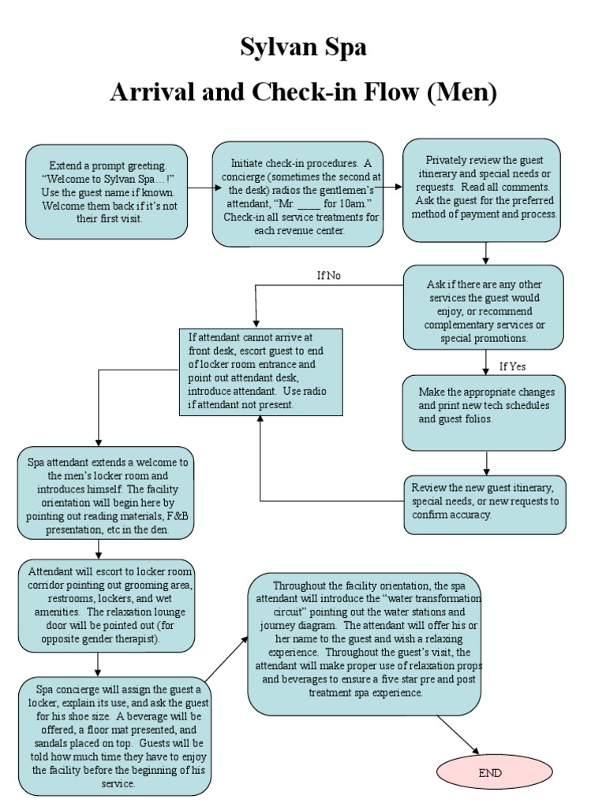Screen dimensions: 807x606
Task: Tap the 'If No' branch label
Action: tap(328, 275)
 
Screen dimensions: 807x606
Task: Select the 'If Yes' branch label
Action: tap(512, 366)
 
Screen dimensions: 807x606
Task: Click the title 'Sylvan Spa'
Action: tap(303, 48)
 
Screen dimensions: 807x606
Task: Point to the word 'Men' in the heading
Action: tap(461, 92)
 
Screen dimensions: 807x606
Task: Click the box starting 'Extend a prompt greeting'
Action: tap(107, 192)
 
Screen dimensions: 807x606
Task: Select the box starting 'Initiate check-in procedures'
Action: tap(298, 194)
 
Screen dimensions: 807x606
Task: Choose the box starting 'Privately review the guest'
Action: tap(481, 190)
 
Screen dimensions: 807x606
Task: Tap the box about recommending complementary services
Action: tap(484, 306)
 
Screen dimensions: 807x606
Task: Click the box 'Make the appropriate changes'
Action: tap(484, 412)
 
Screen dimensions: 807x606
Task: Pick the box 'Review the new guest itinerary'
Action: tap(484, 503)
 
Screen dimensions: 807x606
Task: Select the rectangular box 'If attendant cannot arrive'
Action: tap(260, 372)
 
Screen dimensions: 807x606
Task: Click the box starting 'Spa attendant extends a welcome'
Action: tap(107, 493)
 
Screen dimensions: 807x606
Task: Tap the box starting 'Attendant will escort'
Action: tap(107, 607)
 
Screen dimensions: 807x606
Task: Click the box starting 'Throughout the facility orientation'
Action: tap(365, 644)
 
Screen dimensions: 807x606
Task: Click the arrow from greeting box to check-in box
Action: tap(200, 188)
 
